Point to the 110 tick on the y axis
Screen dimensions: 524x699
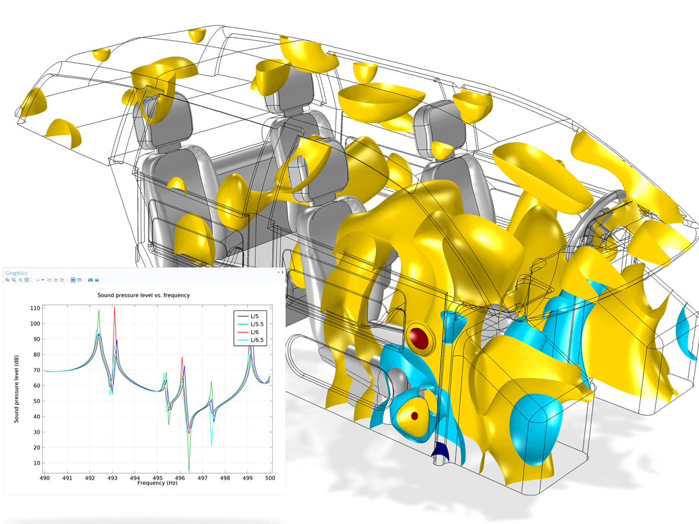[37, 308]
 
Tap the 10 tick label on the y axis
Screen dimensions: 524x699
[38, 463]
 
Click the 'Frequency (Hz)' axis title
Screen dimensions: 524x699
[157, 483]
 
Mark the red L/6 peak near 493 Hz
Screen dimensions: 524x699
[115, 307]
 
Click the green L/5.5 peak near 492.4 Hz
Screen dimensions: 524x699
[99, 310]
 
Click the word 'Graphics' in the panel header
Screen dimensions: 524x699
[16, 273]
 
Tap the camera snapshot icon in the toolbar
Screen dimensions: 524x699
[90, 280]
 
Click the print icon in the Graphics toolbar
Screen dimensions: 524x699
[97, 280]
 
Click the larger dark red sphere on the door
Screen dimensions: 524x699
[419, 337]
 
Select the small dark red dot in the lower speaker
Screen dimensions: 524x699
[415, 416]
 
